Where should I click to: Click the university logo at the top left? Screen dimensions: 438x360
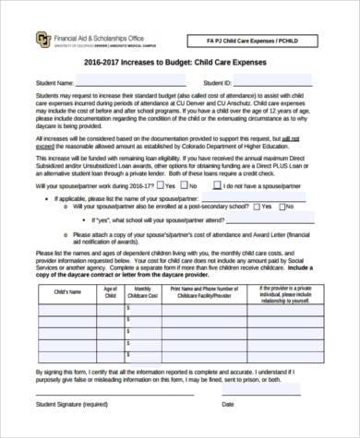[18, 40]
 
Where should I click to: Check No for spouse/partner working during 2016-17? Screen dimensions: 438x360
[189, 211]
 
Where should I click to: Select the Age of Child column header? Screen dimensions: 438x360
[110, 291]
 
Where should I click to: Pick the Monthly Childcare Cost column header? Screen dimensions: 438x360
[142, 291]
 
